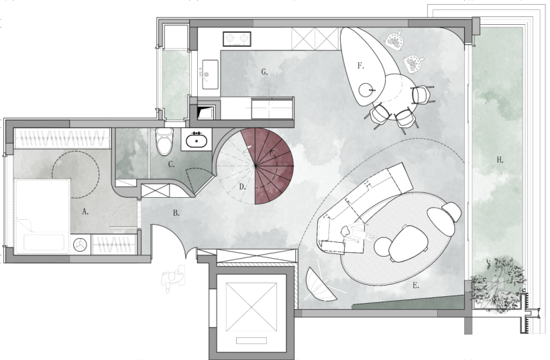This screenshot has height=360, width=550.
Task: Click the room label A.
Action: click(85, 211)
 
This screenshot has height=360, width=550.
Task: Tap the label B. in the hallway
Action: click(176, 213)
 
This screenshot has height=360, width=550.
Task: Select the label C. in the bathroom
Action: click(171, 164)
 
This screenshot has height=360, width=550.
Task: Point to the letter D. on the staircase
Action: click(242, 187)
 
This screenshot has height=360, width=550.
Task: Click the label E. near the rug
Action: click(416, 286)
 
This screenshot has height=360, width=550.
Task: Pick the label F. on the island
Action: click(361, 66)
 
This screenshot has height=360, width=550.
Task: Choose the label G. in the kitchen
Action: click(264, 72)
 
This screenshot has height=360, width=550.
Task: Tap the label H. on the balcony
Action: click(500, 160)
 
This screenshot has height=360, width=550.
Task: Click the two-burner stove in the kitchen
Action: click(237, 39)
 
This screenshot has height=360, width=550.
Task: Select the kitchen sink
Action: click(210, 74)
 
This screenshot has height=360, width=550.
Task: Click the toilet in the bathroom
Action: click(164, 141)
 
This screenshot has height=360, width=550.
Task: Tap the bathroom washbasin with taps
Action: click(197, 139)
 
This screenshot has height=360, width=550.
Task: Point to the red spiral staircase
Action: click(274, 166)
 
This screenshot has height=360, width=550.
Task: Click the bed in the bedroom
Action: click(42, 216)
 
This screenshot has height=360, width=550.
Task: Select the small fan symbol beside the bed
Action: click(80, 245)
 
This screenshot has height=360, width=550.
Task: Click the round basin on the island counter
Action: click(366, 90)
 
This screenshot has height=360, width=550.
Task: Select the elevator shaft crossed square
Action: click(251, 307)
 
